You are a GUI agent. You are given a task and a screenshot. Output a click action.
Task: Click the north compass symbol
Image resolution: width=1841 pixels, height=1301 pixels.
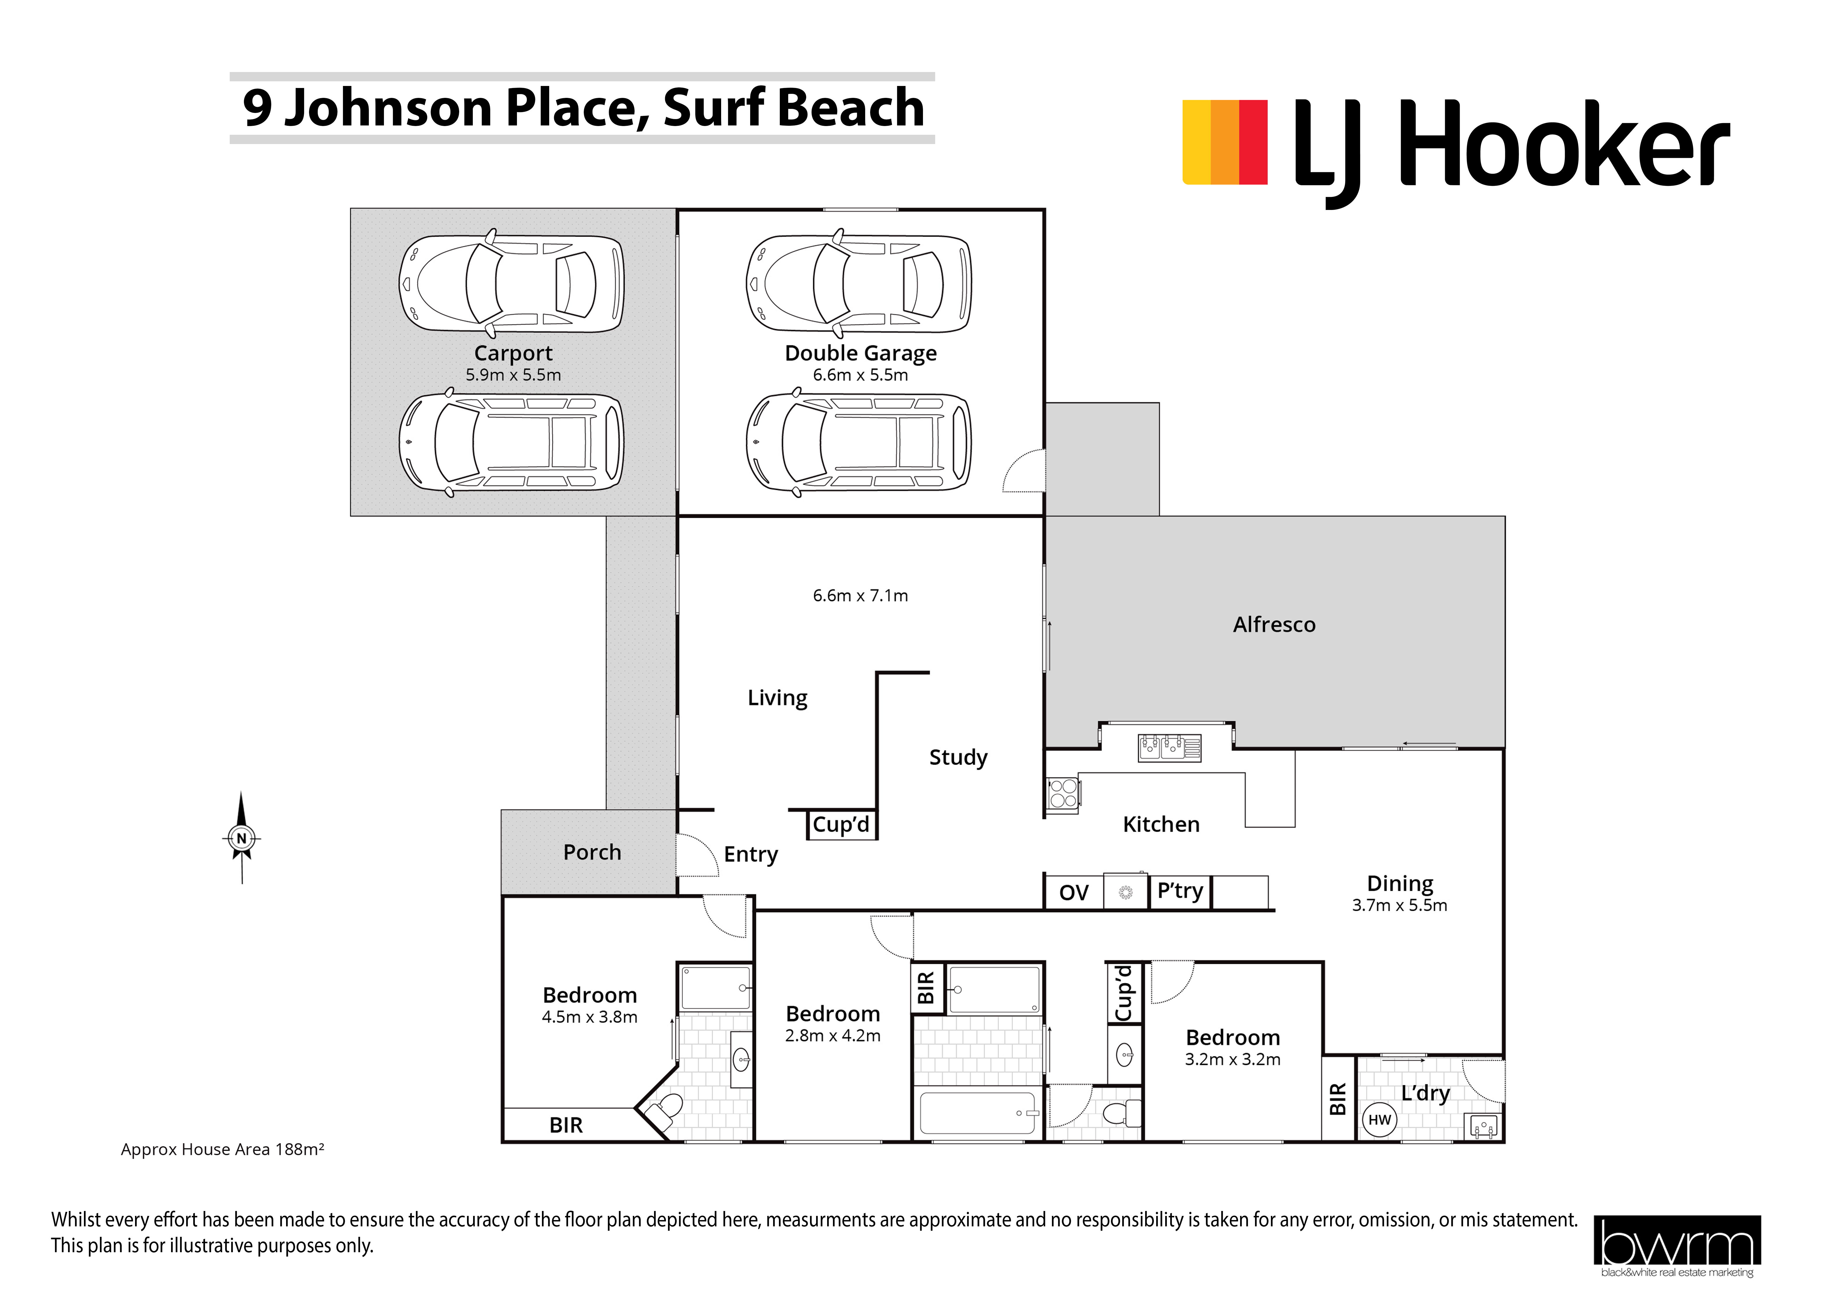pos(241,838)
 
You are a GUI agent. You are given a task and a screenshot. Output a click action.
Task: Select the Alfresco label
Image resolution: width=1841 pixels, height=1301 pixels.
pos(1274,624)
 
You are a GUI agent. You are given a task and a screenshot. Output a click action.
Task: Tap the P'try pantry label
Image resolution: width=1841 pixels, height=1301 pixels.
pos(1179,891)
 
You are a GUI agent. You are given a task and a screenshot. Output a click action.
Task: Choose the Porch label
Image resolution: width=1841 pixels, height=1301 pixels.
pos(592,852)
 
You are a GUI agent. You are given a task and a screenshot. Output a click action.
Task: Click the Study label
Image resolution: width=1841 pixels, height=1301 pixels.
pos(958,758)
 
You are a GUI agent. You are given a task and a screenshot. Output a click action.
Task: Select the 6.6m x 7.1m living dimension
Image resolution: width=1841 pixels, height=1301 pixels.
pos(860,596)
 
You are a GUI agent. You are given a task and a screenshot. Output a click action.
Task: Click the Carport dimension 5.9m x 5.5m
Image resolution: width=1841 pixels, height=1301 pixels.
pos(513,374)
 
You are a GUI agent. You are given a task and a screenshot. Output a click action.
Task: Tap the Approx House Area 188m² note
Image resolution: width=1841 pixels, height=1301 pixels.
pos(222,1149)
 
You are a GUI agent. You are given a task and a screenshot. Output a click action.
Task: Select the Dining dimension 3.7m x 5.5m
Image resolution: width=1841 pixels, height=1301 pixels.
pos(1399,905)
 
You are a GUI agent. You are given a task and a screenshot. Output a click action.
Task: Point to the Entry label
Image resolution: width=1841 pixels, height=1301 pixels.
pos(750,855)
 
